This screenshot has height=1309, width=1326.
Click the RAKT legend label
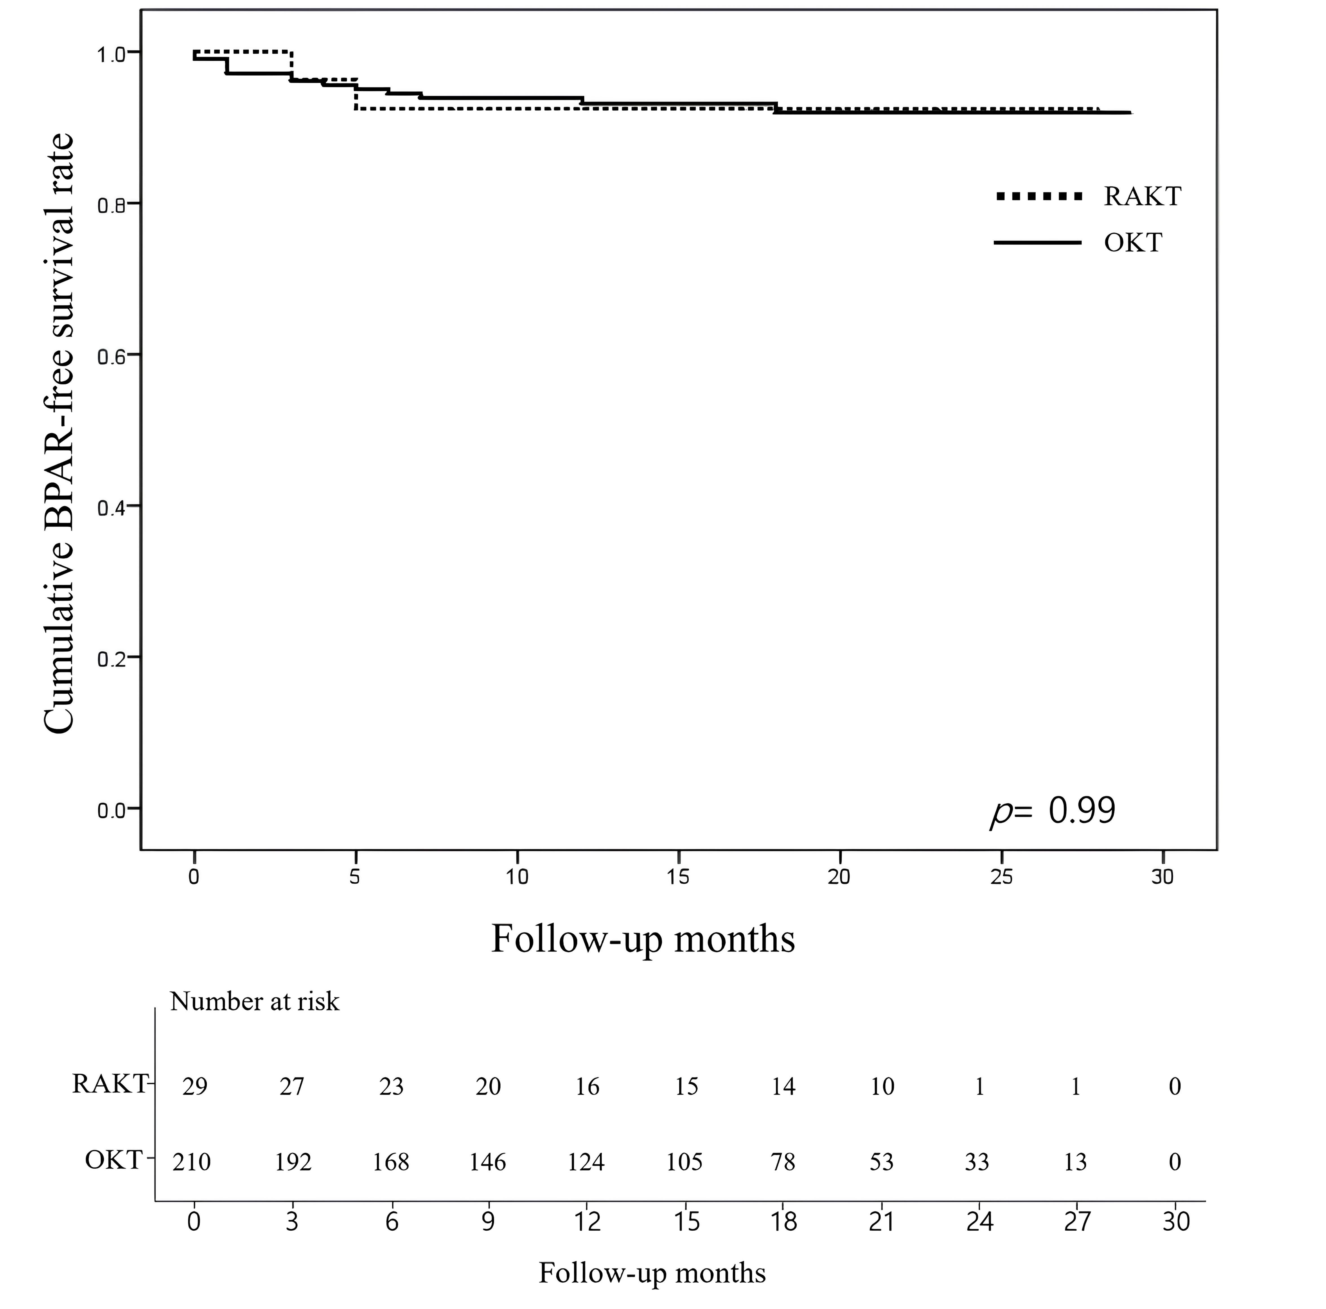(x=1142, y=197)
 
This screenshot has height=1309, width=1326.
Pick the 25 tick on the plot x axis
(x=1001, y=877)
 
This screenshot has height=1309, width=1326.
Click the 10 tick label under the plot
(x=517, y=877)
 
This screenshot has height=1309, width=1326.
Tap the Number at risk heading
(x=255, y=1001)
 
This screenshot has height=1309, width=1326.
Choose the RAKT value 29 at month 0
(x=195, y=1087)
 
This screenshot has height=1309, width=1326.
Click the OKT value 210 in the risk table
(x=191, y=1162)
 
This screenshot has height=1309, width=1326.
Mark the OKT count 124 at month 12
(x=586, y=1162)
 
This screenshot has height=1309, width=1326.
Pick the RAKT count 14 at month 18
(x=783, y=1087)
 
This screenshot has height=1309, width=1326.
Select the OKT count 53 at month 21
(x=881, y=1162)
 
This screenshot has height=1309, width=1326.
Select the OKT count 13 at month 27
(x=1075, y=1162)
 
